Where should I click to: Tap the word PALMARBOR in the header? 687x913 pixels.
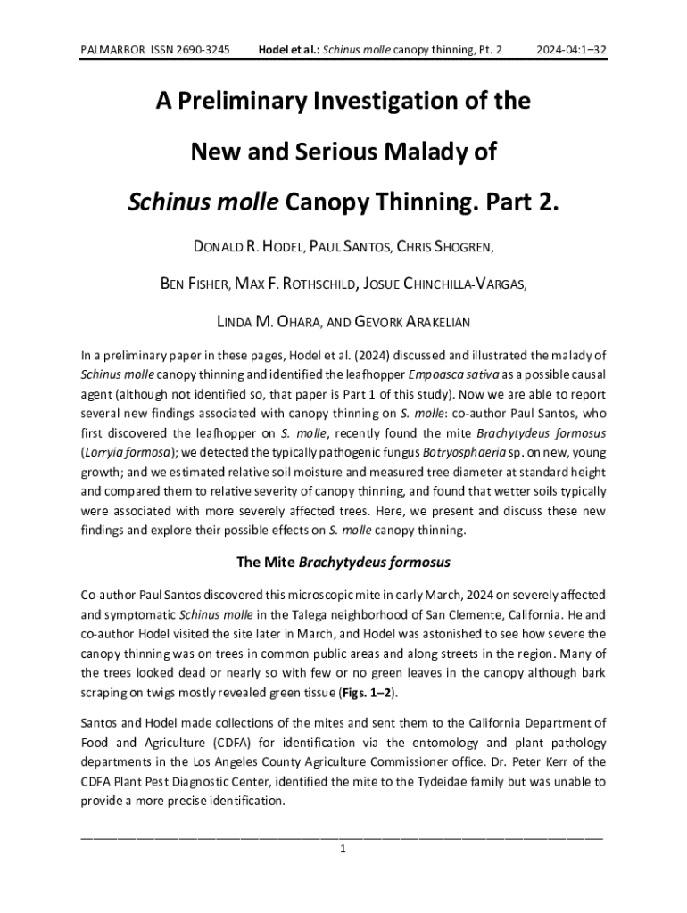112,50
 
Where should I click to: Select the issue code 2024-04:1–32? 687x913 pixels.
571,50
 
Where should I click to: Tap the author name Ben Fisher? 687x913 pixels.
195,284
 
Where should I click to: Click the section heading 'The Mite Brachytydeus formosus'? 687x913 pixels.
343,563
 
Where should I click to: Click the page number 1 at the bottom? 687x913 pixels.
343,849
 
